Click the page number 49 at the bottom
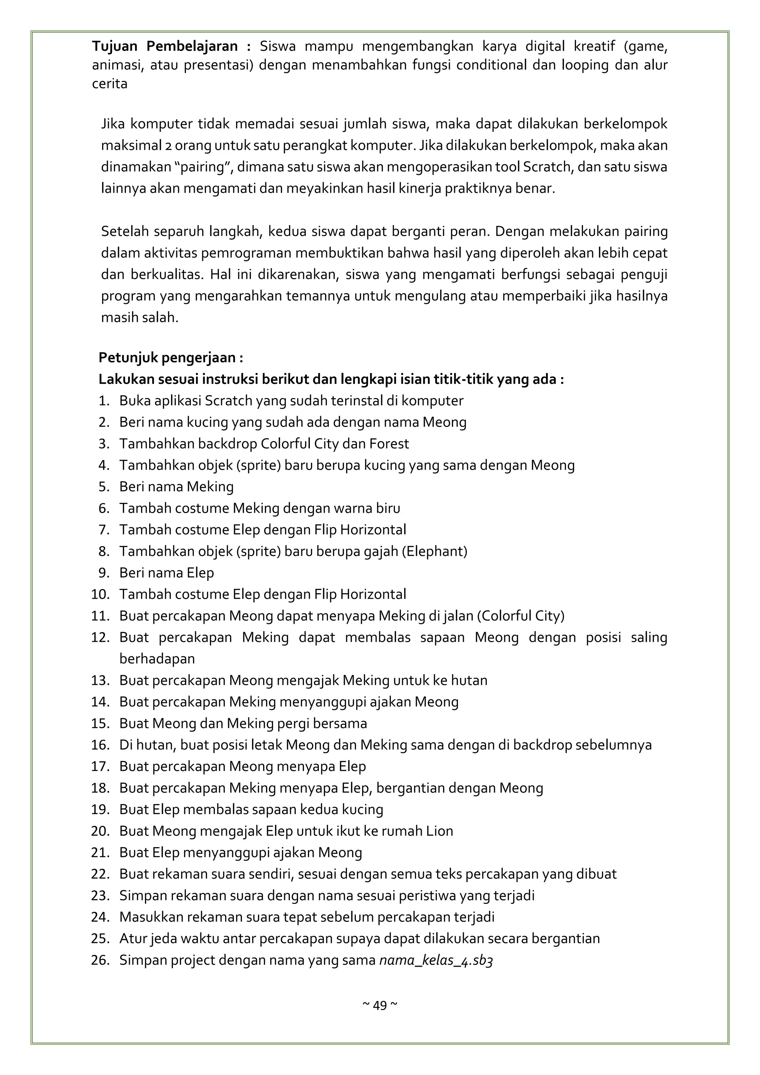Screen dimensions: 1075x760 380,1005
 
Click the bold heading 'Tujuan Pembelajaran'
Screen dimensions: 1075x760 171,46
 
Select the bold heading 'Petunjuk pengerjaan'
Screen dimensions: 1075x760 170,358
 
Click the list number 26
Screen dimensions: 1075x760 100,960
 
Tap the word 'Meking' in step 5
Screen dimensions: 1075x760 210,487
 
